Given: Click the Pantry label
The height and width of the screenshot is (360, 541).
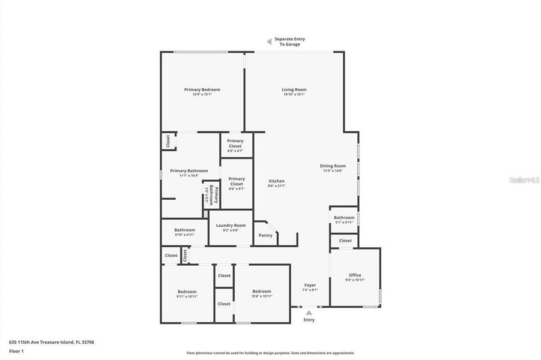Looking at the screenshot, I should (x=265, y=235).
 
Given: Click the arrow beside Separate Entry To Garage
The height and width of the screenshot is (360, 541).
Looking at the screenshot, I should (x=269, y=41).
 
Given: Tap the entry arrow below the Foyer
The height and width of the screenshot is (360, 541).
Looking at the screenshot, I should (x=309, y=312).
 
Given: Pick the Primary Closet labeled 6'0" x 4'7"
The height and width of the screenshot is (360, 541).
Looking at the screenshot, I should (x=235, y=143).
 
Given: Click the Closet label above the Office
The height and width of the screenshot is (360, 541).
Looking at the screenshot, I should (x=345, y=241).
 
